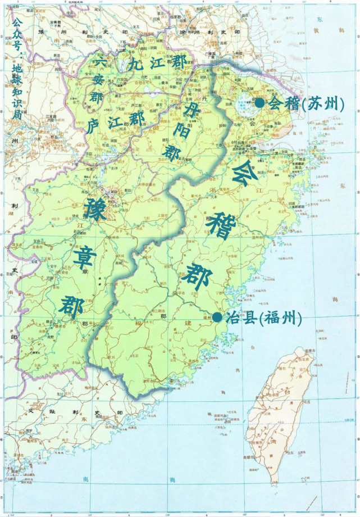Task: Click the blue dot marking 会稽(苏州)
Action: (x=259, y=103)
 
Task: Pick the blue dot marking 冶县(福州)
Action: (x=217, y=318)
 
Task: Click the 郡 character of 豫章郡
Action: (x=71, y=305)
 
